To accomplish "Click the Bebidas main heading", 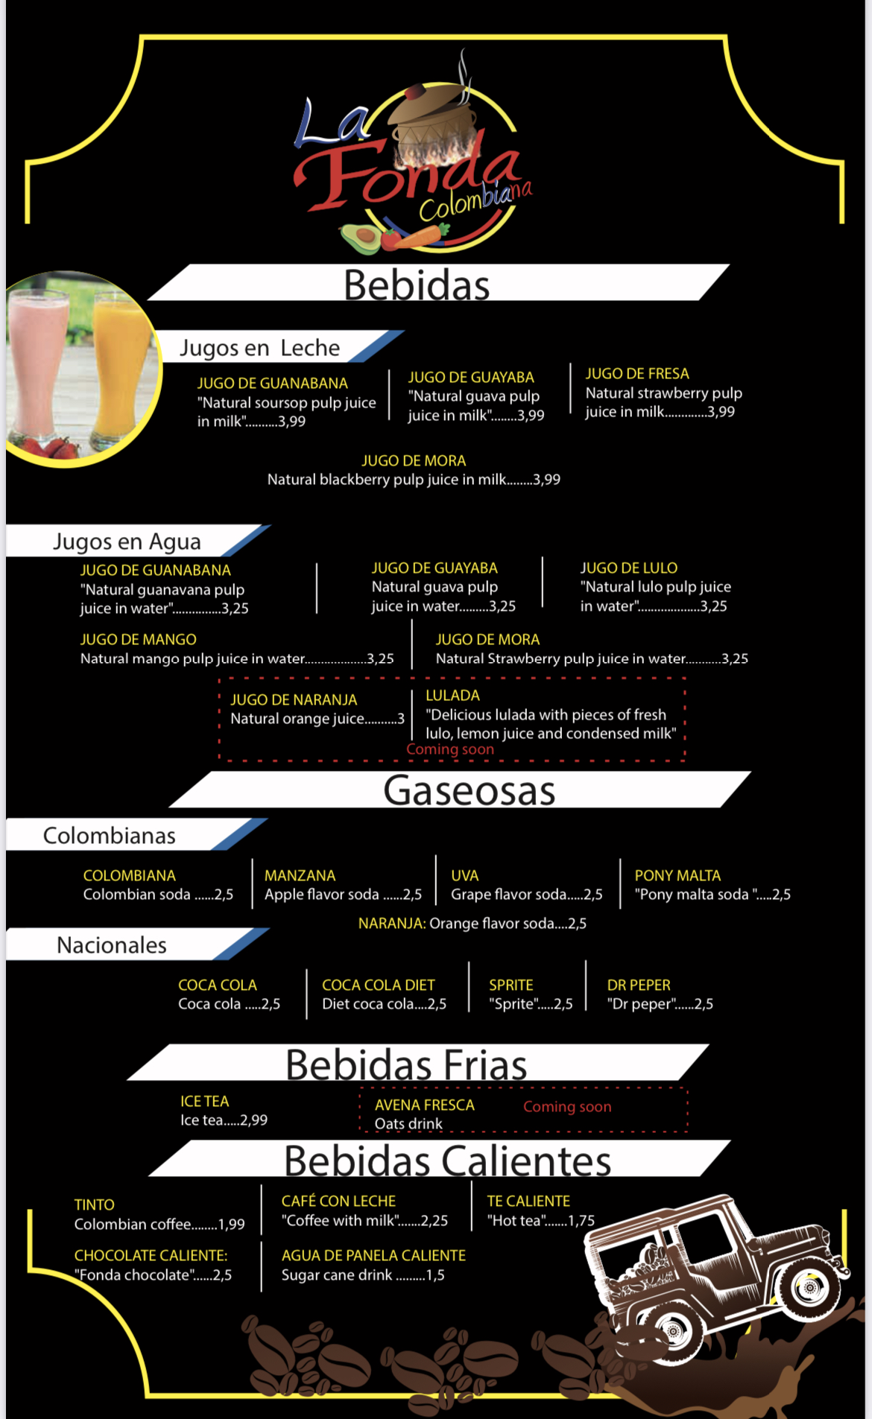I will (x=416, y=285).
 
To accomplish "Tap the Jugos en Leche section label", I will (x=259, y=348).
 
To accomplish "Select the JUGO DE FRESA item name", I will (x=637, y=373).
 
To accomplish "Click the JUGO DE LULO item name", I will (x=628, y=568).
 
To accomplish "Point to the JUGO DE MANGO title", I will (x=139, y=639).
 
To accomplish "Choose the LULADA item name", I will (x=452, y=695).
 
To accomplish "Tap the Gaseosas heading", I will (x=469, y=790).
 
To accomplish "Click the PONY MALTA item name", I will (x=677, y=875).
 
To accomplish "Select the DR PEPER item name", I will (x=639, y=985).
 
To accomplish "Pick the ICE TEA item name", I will (x=204, y=1101).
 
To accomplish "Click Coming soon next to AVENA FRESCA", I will (x=567, y=1107).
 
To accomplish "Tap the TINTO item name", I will (x=95, y=1204).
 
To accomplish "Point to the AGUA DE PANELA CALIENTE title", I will (x=373, y=1255).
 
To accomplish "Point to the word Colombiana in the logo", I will (x=475, y=200).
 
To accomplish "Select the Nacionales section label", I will (x=112, y=945).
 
